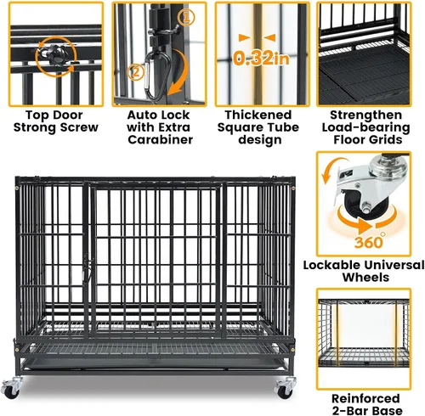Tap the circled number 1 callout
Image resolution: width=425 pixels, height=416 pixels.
[x=186, y=18]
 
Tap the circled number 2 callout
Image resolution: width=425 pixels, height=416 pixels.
[x=136, y=72]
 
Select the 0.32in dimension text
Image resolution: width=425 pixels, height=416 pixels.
[x=261, y=59]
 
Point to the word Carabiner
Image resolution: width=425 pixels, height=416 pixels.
[x=160, y=139]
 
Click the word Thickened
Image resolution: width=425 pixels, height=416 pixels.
[x=258, y=115]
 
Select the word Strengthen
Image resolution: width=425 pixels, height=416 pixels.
[x=366, y=115]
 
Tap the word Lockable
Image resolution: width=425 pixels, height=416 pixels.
[x=331, y=265]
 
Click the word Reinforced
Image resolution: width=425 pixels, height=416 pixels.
[x=365, y=398]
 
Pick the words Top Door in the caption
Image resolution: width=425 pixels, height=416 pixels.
[x=54, y=115]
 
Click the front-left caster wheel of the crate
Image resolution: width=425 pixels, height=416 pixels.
[x=11, y=389]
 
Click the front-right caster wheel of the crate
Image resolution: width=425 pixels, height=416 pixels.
[x=285, y=389]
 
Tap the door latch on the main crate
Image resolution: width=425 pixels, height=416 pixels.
[x=87, y=269]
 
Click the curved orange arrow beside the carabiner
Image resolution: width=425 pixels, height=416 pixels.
[x=179, y=72]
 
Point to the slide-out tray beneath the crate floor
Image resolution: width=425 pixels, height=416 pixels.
[x=153, y=363]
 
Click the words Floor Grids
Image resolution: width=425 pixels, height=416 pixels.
[x=368, y=139]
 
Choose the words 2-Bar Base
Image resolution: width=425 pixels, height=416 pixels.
[x=367, y=411]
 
